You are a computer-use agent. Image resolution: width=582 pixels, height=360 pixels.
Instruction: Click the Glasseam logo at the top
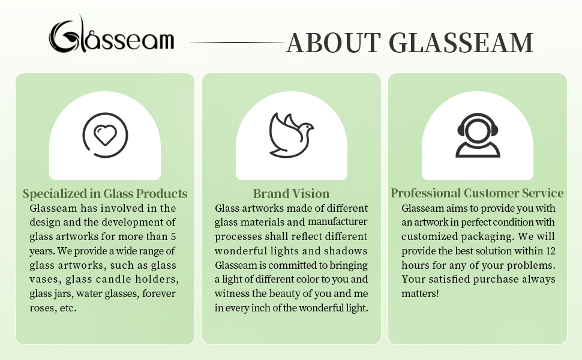pos(112,35)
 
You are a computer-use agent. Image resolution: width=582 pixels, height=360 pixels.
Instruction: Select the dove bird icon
pos(291,135)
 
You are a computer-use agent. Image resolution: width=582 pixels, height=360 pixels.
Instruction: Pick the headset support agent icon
pos(478,135)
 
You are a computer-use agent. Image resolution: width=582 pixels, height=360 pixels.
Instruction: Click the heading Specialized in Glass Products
pos(105,193)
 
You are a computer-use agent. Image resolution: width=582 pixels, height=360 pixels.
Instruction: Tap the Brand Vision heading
pos(292,193)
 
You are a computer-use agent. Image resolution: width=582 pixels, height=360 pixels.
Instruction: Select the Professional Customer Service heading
pos(477,193)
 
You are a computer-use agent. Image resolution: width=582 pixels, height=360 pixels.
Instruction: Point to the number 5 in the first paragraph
pos(173,236)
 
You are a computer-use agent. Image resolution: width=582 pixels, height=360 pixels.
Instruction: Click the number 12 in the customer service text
pos(550,251)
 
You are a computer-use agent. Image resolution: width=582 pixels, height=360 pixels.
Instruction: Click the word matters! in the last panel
pos(420,293)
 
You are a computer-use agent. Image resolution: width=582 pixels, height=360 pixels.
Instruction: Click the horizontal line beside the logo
pos(236,43)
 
